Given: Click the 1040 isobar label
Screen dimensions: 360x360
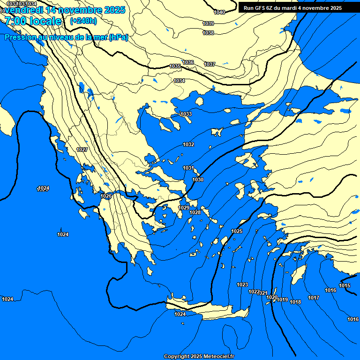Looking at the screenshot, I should click(x=219, y=12).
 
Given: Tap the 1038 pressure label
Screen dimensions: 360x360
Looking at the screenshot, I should click(x=208, y=33).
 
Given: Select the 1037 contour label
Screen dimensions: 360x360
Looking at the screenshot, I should click(x=210, y=64).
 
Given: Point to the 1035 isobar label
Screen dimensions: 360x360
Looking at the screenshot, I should click(x=175, y=67).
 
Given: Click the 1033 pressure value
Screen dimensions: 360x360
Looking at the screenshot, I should click(x=186, y=114).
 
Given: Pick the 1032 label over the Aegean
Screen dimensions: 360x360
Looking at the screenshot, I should click(x=188, y=145).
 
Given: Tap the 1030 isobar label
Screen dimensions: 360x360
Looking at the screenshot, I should click(x=198, y=180).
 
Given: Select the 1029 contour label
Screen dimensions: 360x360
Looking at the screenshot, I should click(x=184, y=208).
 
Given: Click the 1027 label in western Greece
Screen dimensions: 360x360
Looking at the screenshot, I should click(x=82, y=150).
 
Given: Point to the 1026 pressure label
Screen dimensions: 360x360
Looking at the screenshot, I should click(x=106, y=196).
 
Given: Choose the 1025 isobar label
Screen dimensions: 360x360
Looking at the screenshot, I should click(x=237, y=232).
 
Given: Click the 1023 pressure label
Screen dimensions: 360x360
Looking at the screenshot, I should click(x=242, y=285).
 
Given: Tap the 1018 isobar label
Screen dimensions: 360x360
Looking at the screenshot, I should click(x=295, y=302).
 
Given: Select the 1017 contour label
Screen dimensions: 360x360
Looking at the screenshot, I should click(x=314, y=298).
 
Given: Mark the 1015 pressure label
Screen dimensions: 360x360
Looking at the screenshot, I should click(x=345, y=286).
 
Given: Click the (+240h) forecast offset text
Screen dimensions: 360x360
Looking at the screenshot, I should click(x=83, y=21).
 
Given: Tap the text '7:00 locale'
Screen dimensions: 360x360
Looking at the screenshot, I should click(x=33, y=21).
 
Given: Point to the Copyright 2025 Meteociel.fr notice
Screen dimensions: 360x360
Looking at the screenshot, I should click(x=199, y=356).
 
